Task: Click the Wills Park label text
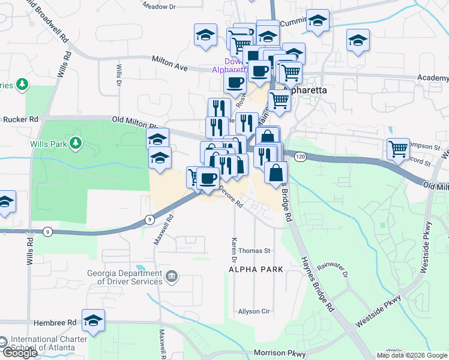click(x=49, y=144)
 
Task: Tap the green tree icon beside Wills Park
click(x=76, y=142)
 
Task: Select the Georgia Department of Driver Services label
click(x=124, y=276)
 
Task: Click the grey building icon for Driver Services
click(x=172, y=277)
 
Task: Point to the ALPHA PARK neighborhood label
click(x=256, y=270)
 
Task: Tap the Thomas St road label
click(x=255, y=251)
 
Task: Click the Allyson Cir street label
click(x=255, y=311)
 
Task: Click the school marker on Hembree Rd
click(x=93, y=322)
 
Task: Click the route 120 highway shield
click(x=300, y=156)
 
